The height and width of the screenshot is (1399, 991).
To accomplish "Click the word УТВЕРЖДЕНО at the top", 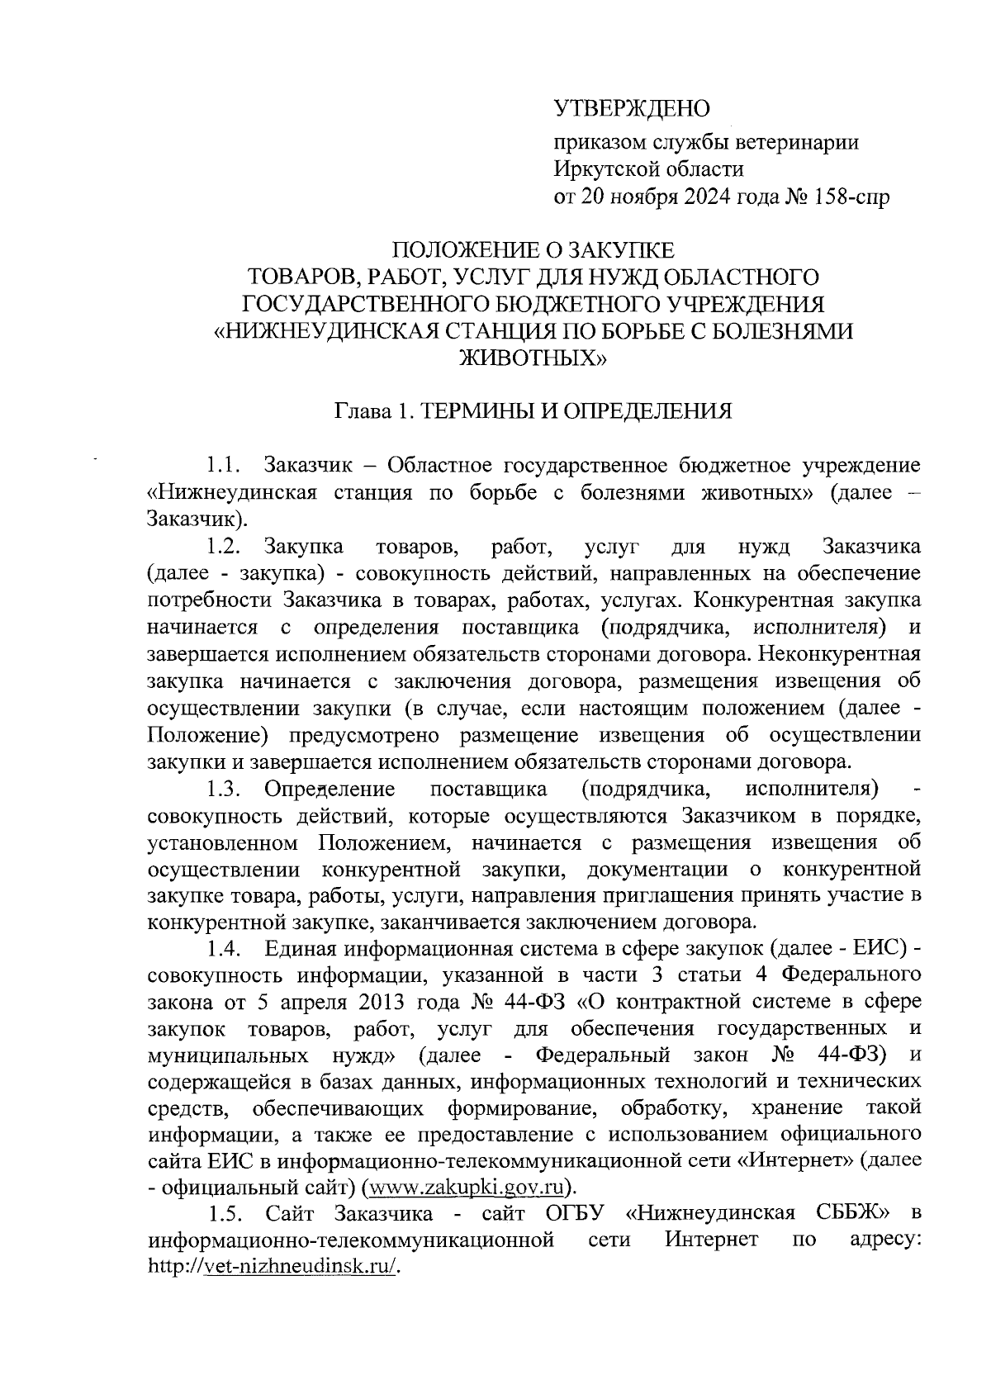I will click(632, 108).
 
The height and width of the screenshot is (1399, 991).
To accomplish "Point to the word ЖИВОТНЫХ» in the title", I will click(532, 358).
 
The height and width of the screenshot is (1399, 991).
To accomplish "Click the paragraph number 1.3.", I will click(224, 789).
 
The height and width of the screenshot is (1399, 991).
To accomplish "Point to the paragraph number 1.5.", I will click(224, 1214).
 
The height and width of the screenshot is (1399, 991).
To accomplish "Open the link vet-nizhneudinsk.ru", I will click(301, 1268).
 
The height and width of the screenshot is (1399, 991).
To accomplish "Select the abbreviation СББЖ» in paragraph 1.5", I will click(843, 1214).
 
